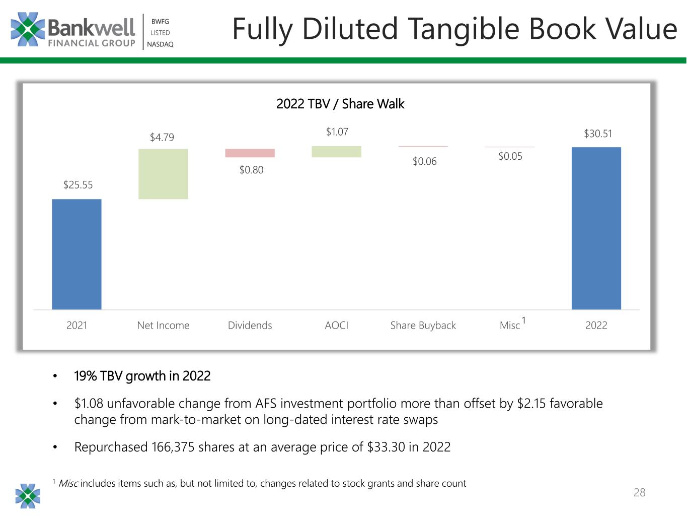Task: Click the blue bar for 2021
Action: pos(77,254)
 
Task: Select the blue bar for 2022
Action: pos(596,228)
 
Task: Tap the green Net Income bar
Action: pos(163,174)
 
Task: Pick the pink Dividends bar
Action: pos(250,153)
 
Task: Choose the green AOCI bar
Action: pos(337,152)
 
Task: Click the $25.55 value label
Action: pos(78,185)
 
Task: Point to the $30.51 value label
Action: pos(598,134)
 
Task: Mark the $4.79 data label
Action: pos(162,137)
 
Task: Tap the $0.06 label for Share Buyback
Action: pos(424,161)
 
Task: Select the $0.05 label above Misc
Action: pos(510,156)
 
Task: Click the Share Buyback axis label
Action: pos(423,326)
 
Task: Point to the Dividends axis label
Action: pos(250,325)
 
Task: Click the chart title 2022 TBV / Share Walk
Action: pos(340,104)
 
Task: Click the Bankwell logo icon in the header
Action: pos(28,29)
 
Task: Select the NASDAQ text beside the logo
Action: pos(160,44)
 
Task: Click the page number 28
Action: pos(639,492)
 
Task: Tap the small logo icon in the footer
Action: pos(28,496)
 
